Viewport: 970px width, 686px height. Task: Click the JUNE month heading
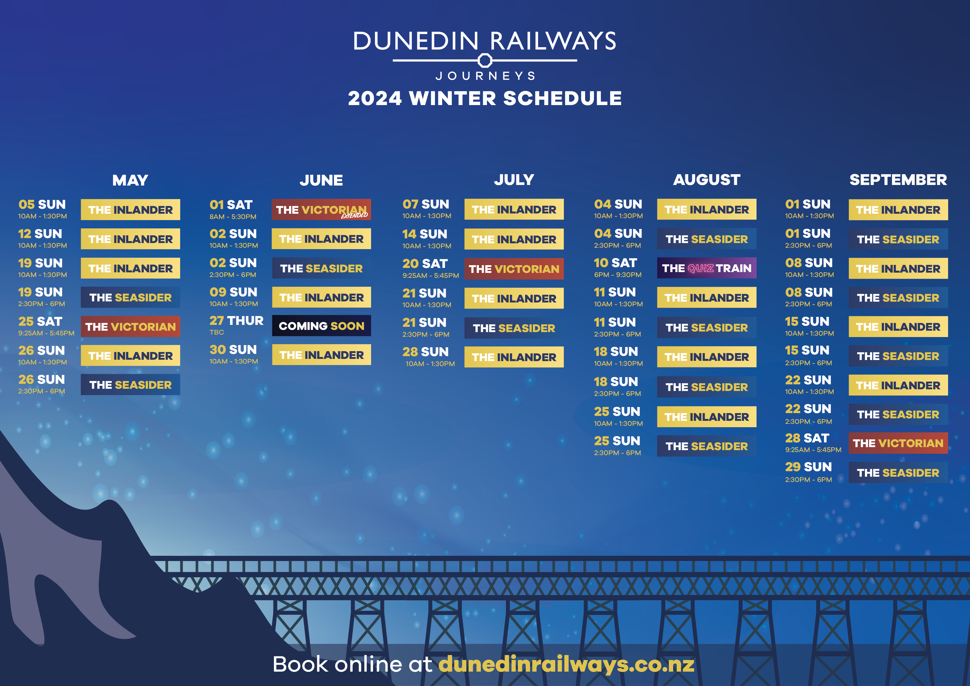pos(321,180)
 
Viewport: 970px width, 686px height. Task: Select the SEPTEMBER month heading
pos(898,180)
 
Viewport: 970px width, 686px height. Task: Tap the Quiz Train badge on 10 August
pos(706,268)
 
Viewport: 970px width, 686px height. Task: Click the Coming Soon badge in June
pos(322,326)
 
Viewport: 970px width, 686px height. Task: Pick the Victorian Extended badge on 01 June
pos(322,210)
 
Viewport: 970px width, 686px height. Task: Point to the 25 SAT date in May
pos(40,322)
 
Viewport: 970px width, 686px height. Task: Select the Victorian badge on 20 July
pos(514,269)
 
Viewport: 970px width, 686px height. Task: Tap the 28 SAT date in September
pos(807,438)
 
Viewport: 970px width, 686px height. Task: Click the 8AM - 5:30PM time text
pos(233,217)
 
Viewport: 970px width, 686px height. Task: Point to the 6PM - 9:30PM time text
pos(618,275)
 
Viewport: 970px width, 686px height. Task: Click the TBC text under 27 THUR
pos(217,332)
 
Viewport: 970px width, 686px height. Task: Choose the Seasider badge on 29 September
pos(898,473)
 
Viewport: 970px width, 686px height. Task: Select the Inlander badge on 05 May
pos(131,210)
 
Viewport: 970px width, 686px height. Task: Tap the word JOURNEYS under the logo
pos(485,76)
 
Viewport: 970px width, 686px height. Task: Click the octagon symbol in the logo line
pos(485,60)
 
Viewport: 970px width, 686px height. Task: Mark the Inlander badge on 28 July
pos(514,357)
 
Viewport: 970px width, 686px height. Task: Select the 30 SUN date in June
pos(233,350)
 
